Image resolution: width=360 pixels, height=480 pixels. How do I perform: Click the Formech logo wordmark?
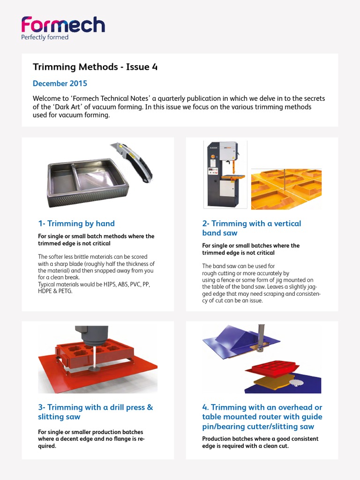63,25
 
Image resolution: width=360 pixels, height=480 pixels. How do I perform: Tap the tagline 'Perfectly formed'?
45,37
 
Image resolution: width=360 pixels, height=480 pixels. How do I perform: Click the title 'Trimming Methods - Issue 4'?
95,67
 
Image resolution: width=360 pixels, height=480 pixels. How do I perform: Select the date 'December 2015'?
60,84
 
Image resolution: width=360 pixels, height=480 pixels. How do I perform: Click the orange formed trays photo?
286,189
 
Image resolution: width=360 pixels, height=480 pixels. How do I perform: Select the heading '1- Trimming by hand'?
76,224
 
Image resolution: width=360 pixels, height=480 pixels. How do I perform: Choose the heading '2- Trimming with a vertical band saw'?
251,228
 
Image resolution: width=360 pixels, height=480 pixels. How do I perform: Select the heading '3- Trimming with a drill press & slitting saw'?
95,412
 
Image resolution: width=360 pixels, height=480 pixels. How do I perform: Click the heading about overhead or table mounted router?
262,417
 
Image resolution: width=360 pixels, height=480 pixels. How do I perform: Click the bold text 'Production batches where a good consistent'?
260,439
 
